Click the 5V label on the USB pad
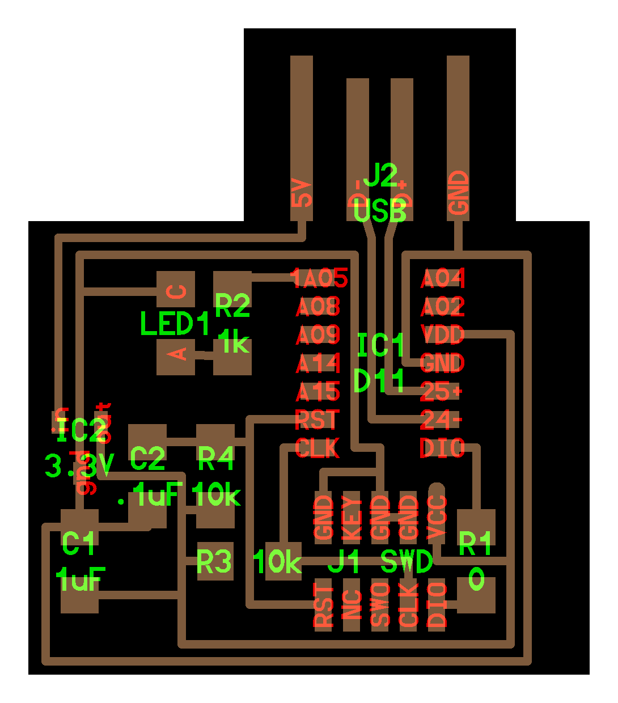pos(302,193)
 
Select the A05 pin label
pos(319,278)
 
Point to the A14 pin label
pos(318,363)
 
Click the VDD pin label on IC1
pos(442,334)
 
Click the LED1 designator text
pos(175,324)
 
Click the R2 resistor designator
pos(232,306)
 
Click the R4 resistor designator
pos(215,458)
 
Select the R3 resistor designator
pos(214,562)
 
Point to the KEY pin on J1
pos(352,518)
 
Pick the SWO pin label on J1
pos(380,604)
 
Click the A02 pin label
pos(442,307)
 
